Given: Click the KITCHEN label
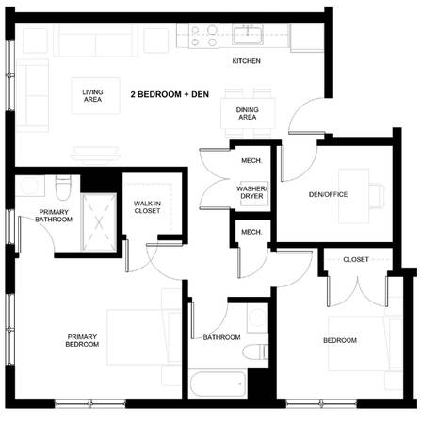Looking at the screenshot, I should [247, 62].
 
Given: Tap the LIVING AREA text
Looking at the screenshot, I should [92, 94].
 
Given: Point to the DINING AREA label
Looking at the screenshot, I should [247, 113].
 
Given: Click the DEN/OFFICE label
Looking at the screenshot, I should [328, 195].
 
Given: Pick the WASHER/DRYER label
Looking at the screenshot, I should [251, 194].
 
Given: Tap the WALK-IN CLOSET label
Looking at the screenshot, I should [146, 206].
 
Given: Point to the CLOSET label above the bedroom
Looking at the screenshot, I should [355, 259].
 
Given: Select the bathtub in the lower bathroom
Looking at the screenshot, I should [218, 384].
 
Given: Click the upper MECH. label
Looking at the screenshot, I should [251, 160].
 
